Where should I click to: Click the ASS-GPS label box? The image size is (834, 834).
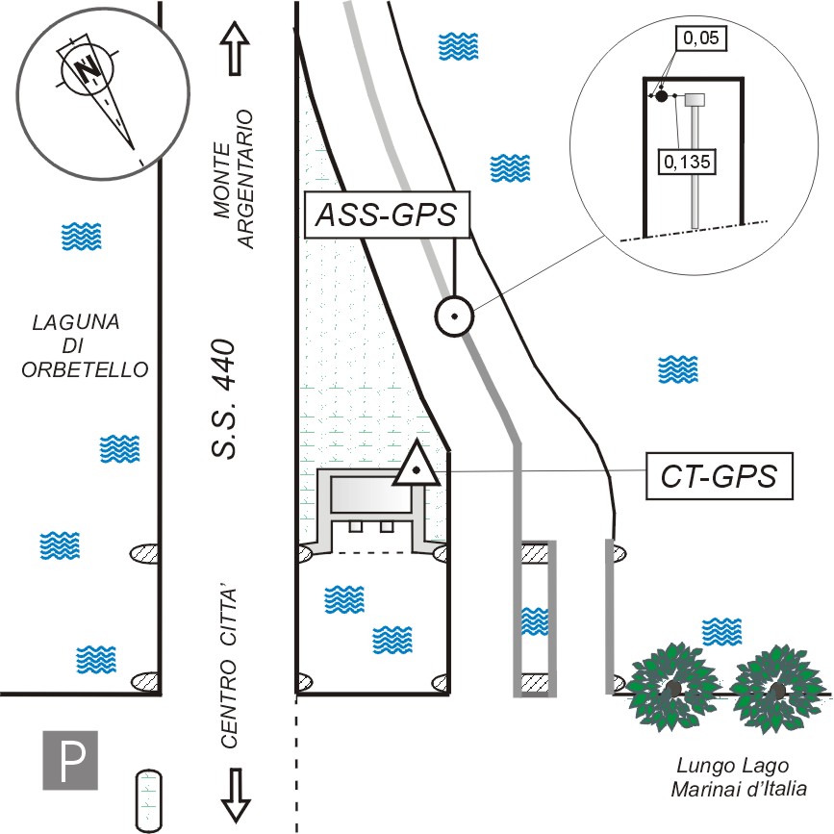(387, 215)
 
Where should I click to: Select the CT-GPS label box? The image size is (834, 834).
(720, 475)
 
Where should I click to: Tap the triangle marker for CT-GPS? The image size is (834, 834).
(417, 467)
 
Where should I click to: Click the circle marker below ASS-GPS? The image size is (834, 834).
(453, 315)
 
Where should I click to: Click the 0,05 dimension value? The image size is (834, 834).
(700, 39)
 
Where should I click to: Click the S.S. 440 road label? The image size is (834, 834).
(224, 400)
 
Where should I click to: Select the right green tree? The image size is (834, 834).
(777, 687)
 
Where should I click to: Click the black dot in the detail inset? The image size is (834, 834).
(662, 95)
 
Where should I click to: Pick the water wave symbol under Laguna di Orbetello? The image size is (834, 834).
(121, 449)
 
